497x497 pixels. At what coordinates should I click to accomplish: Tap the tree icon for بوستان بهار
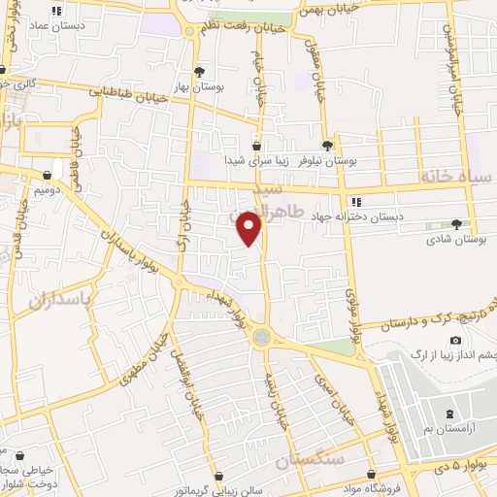coord(199,72)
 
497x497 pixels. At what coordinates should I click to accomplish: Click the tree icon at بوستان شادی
coord(456,223)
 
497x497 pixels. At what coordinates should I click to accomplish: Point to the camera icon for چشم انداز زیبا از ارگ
coord(456,341)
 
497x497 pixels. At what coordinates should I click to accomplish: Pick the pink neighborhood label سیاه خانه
coord(457,176)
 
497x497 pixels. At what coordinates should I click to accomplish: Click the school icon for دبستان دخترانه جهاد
coord(356,202)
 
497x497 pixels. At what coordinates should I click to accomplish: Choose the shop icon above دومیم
coord(47,176)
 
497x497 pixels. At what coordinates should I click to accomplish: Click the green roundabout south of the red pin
coord(260,338)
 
